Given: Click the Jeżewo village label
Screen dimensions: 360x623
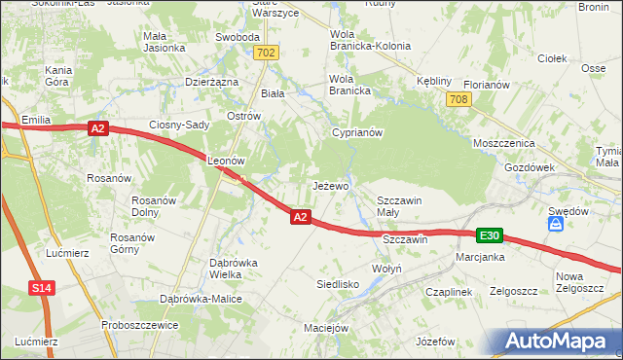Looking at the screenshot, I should click(x=330, y=185).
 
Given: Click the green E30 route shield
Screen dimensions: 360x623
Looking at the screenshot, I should click(x=490, y=235).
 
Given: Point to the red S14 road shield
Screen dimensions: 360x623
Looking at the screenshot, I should click(x=40, y=289).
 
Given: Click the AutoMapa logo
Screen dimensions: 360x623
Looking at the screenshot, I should click(x=555, y=342).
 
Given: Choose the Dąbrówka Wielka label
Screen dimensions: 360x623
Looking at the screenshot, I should click(x=234, y=269).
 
